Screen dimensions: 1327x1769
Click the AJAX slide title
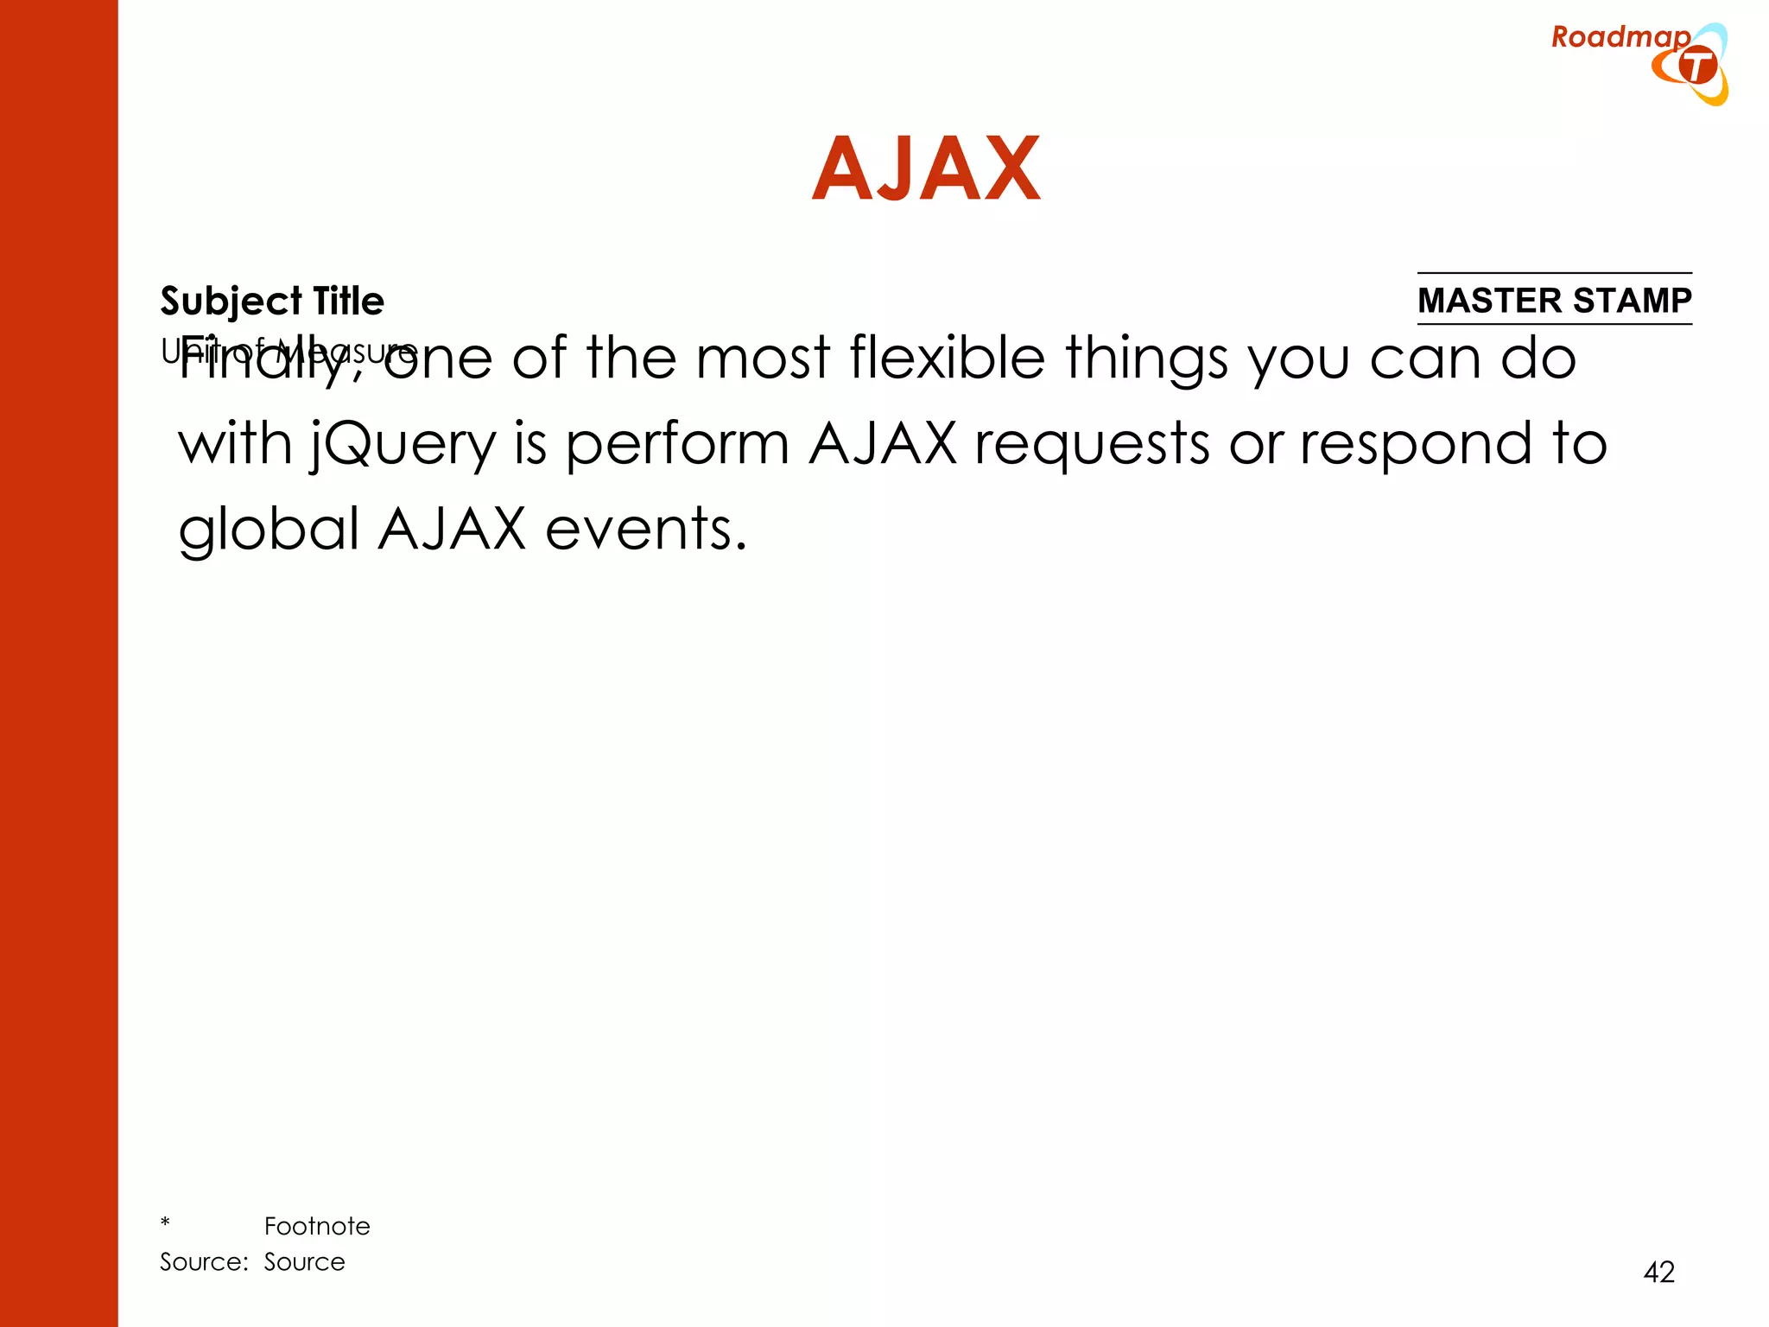click(x=926, y=169)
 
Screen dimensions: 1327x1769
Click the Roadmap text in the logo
click(x=1620, y=37)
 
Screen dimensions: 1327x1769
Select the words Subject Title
click(x=272, y=302)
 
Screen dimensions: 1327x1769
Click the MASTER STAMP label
click(x=1554, y=301)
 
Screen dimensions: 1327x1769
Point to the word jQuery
click(x=403, y=446)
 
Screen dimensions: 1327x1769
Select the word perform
click(x=677, y=446)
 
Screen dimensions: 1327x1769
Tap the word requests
click(x=1092, y=446)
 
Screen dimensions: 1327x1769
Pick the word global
click(x=269, y=530)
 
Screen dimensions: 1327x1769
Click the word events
click(x=645, y=530)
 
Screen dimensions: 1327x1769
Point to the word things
click(x=1146, y=359)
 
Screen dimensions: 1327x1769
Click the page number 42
click(x=1658, y=1272)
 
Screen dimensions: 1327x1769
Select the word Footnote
click(x=317, y=1226)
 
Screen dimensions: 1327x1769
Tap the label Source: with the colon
click(x=204, y=1262)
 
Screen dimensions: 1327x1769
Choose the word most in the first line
click(x=762, y=359)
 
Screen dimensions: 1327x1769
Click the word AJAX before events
click(x=452, y=529)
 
